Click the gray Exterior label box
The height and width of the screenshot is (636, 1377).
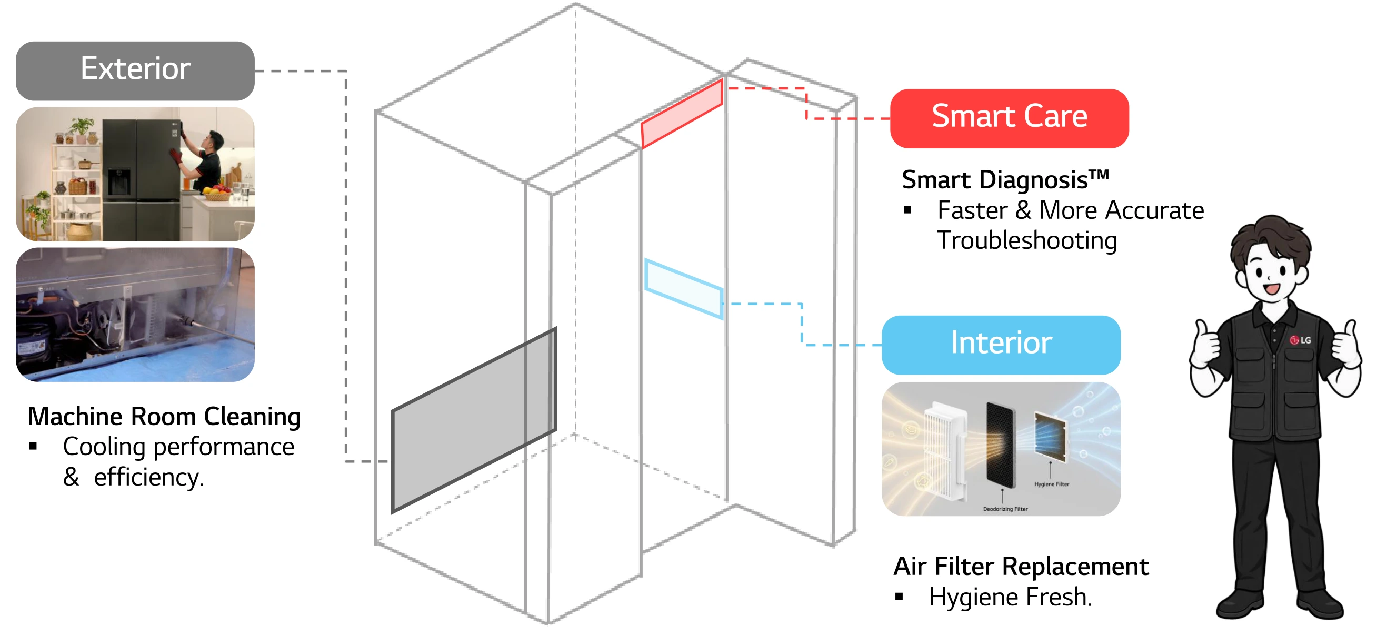(135, 71)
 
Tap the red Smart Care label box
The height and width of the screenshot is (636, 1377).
(1009, 118)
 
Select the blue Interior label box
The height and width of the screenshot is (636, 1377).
(1001, 345)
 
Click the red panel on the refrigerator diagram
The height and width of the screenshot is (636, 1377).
(682, 114)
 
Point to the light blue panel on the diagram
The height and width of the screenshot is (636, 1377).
(684, 289)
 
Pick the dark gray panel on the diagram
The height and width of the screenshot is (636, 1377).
(474, 420)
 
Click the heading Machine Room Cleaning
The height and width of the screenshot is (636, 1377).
(164, 417)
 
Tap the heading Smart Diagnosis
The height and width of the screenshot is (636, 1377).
(1005, 180)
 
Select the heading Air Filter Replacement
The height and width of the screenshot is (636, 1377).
(1021, 567)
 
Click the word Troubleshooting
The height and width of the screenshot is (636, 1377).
(1027, 241)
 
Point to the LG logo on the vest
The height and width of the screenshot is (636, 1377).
(1300, 340)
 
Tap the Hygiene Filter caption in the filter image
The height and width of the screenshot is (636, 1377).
(1052, 484)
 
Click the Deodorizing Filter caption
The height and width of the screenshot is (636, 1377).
(1005, 509)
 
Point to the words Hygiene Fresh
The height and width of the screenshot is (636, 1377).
(1010, 597)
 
